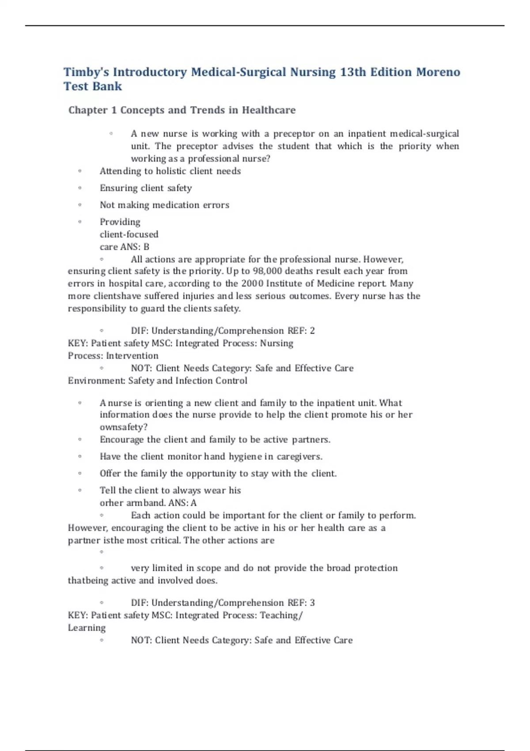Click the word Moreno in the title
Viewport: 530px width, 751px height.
point(438,72)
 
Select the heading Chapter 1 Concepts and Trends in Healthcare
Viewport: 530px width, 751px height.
point(182,110)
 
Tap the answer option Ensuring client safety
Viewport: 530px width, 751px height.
point(145,188)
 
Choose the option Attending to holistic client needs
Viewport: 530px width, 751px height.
point(170,171)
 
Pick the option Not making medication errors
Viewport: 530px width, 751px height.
point(164,205)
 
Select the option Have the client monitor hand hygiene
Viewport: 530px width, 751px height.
point(211,457)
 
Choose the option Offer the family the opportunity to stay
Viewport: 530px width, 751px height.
point(218,474)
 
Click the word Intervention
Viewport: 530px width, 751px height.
point(132,356)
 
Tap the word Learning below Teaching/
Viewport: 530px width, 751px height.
point(87,628)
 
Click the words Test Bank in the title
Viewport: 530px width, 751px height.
point(92,87)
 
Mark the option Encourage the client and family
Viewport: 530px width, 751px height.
point(215,440)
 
